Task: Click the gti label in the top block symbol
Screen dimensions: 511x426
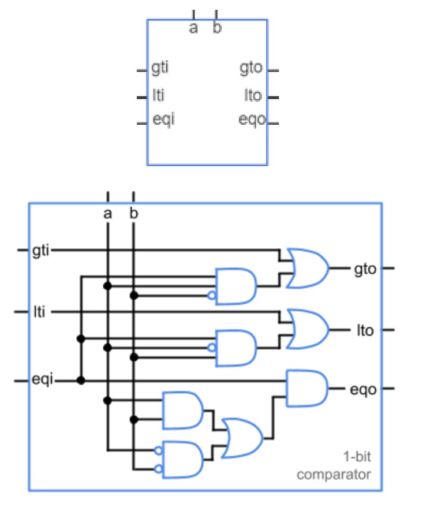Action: pyautogui.click(x=160, y=68)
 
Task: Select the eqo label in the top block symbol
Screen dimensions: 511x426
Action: pyautogui.click(x=252, y=120)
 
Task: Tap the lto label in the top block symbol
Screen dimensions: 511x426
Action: pyautogui.click(x=253, y=95)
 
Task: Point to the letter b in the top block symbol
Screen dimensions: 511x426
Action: pyautogui.click(x=216, y=28)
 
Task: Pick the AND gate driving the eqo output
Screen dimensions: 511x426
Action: pyautogui.click(x=307, y=389)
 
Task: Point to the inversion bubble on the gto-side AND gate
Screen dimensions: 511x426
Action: pyautogui.click(x=212, y=296)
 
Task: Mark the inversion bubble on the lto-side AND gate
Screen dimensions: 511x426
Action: pyautogui.click(x=212, y=348)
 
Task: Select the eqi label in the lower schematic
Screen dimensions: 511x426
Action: pyautogui.click(x=42, y=381)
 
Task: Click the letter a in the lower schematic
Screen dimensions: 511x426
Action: pyautogui.click(x=107, y=214)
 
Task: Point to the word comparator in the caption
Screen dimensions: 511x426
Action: pyautogui.click(x=333, y=475)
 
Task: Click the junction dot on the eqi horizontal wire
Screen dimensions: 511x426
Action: pyautogui.click(x=81, y=381)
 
